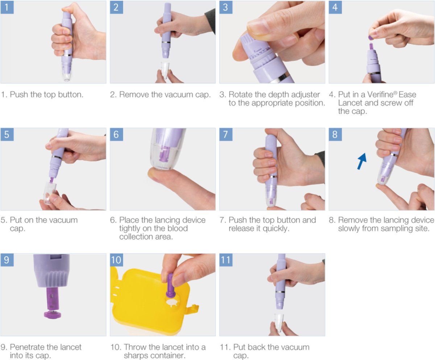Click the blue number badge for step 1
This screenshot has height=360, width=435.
(x=7, y=7)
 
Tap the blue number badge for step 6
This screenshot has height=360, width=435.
(x=116, y=134)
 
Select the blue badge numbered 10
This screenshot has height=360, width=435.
(x=116, y=260)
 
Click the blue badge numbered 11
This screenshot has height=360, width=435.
(x=226, y=260)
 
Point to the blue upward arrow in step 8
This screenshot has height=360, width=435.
(x=362, y=161)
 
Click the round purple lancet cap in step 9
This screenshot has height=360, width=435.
(x=52, y=314)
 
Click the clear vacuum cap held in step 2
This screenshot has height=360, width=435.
(x=165, y=70)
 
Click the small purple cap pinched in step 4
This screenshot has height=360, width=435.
(x=370, y=37)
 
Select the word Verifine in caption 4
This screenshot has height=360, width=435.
(x=380, y=94)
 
